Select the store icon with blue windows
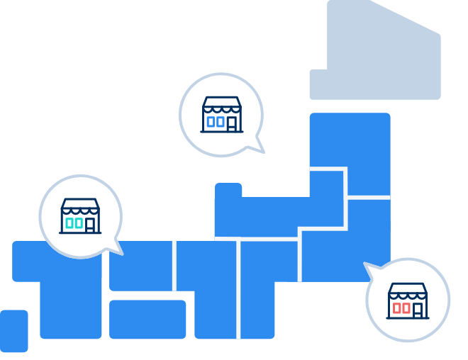pyautogui.click(x=222, y=115)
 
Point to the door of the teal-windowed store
pyautogui.click(x=90, y=225)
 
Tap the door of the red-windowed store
pyautogui.click(x=418, y=309)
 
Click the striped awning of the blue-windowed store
pyautogui.click(x=222, y=106)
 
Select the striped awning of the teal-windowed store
pyautogui.click(x=80, y=207)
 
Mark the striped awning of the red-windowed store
pyautogui.click(x=408, y=291)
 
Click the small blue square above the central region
pyautogui.click(x=228, y=191)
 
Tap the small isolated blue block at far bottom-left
pyautogui.click(x=14, y=330)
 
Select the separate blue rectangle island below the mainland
pyautogui.click(x=147, y=319)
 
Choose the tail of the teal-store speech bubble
pyautogui.click(x=115, y=249)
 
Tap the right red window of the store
pyautogui.click(x=406, y=309)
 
